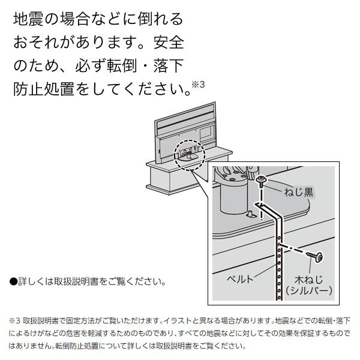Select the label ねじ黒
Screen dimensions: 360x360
(299, 192)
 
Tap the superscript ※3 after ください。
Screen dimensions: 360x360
(199, 85)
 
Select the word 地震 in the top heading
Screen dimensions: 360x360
(28, 19)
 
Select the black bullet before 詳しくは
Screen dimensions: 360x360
(13, 281)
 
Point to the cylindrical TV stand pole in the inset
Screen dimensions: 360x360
(231, 195)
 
